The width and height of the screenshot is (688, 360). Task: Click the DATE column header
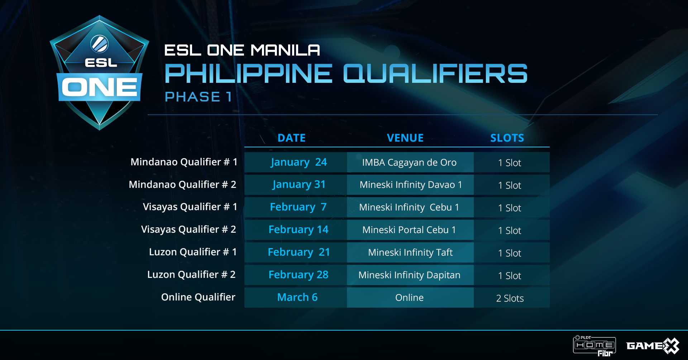pos(291,138)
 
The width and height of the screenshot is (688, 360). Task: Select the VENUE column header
pos(405,138)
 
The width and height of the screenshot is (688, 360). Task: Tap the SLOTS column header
pos(507,138)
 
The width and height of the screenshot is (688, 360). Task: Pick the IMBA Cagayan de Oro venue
pos(409,162)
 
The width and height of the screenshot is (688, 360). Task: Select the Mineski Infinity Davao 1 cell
pos(411,185)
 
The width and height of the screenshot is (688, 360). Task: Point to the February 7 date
pos(298,207)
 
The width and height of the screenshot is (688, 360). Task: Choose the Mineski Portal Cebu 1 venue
pos(409,230)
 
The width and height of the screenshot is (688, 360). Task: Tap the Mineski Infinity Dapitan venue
pos(409,275)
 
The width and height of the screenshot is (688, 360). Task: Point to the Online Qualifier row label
pos(198,297)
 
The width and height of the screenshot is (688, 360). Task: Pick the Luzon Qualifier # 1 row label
pos(193,252)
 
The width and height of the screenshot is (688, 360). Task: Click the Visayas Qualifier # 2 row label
pos(188,229)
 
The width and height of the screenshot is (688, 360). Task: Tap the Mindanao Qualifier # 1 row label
pos(184,162)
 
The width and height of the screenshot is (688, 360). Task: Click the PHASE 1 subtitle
pos(198,97)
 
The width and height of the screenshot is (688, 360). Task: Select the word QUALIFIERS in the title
pos(435,74)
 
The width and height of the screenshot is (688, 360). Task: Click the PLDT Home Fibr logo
pos(594,346)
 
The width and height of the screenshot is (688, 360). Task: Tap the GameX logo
pos(653,346)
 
